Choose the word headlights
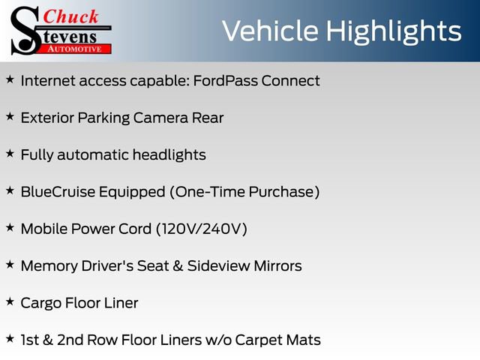tap(169, 154)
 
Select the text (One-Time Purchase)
tap(245, 192)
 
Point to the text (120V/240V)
tap(201, 229)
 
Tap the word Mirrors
tap(274, 265)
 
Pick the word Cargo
tap(41, 303)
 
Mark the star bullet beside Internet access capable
tap(10, 79)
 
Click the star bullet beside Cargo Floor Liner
tap(10, 301)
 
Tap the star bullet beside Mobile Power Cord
tap(10, 227)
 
